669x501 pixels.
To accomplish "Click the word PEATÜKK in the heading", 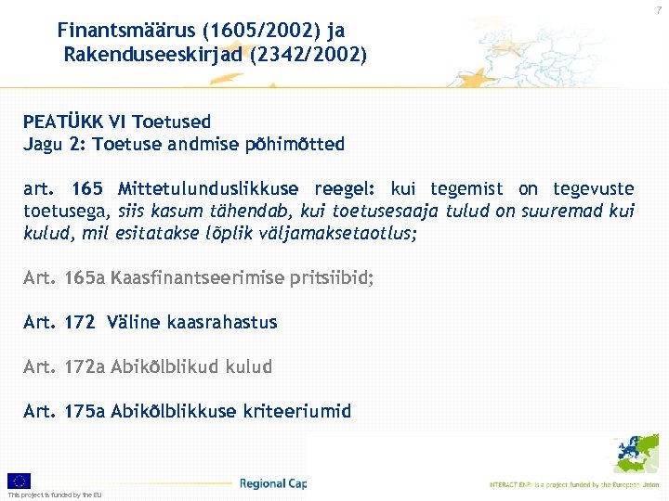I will coord(63,122).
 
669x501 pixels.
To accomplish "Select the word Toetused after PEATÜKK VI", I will coord(172,122).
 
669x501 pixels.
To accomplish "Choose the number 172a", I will coord(85,366).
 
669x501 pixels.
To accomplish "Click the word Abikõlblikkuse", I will coord(174,411).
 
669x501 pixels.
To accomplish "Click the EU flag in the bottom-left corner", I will coord(19,481).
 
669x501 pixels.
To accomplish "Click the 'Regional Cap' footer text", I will coord(272,483).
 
